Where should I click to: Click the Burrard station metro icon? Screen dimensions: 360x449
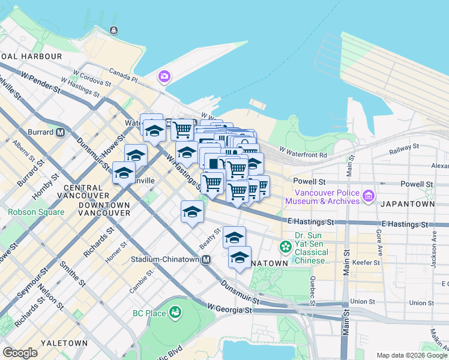pos(59,132)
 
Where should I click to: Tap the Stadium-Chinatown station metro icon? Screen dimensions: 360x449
pos(206,260)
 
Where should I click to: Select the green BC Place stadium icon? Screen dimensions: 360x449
pos(175,313)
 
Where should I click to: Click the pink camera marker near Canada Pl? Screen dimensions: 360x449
pos(164,76)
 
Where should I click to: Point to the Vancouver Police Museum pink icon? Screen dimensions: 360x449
pos(369,196)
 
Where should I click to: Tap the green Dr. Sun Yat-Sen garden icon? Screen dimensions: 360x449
pos(285,247)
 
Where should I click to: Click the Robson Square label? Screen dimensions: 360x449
pos(35,212)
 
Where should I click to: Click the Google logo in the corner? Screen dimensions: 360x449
pos(20,352)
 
